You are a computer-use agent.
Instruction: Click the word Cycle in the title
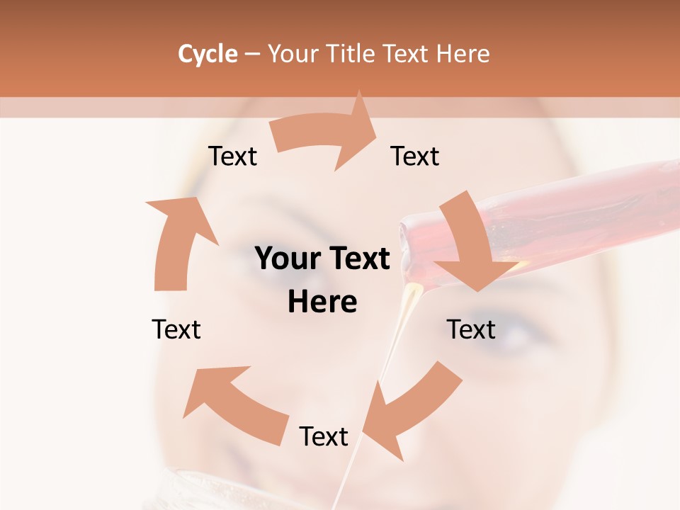208,54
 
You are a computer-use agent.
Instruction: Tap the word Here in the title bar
464,54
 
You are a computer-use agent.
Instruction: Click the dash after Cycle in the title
252,54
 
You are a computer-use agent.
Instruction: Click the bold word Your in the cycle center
284,259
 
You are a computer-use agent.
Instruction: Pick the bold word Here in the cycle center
322,302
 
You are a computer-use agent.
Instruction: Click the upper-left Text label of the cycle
232,157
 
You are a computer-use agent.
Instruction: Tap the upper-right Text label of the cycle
415,157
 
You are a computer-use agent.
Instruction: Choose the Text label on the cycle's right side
471,329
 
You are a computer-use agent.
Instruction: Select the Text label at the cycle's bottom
324,436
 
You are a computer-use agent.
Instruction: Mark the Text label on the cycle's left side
176,329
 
